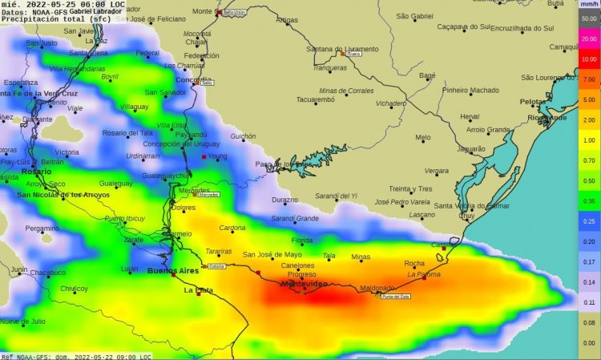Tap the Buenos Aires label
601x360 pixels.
[172, 270]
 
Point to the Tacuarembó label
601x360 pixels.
[319, 100]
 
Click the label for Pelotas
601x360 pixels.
[533, 102]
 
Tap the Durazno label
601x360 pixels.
[284, 200]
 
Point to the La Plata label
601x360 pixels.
[197, 289]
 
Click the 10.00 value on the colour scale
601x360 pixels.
[589, 59]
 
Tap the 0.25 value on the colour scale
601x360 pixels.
[589, 221]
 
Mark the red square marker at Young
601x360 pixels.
[204, 157]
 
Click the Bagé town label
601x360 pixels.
[427, 75]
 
